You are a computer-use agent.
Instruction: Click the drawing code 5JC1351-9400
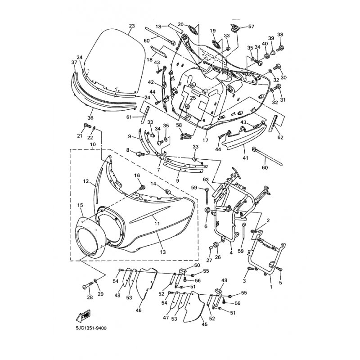[x=91, y=328]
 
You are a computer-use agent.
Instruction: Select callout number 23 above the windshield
[x=131, y=26]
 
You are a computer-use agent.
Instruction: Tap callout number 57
[x=251, y=27]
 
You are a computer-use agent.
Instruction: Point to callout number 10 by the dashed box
[x=93, y=144]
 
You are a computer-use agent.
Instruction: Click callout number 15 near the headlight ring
[x=81, y=205]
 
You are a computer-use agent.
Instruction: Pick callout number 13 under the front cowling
[x=162, y=252]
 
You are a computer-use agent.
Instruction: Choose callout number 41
[x=245, y=158]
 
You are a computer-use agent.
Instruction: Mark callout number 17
[x=205, y=140]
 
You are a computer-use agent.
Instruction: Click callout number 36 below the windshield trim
[x=90, y=118]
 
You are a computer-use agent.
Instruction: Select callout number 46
[x=139, y=310]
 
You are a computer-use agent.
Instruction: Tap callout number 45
[x=204, y=324]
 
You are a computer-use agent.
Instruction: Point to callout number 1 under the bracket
[x=271, y=287]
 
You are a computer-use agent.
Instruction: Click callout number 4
[x=231, y=252]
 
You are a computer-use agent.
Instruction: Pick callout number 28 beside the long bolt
[x=90, y=297]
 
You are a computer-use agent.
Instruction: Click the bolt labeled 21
[x=87, y=126]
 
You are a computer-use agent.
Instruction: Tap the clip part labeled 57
[x=235, y=28]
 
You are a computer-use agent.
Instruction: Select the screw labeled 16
[x=143, y=188]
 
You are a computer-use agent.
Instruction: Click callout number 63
[x=206, y=179]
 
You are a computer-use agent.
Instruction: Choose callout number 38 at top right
[x=280, y=35]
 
